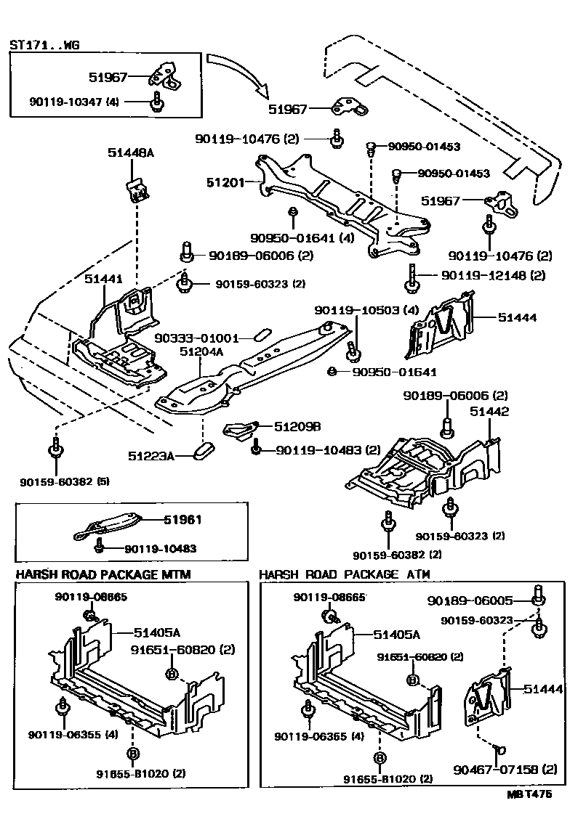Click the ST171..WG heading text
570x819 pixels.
44,44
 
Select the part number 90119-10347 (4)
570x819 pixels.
65,102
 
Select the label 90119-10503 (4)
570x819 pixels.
366,310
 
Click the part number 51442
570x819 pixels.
489,412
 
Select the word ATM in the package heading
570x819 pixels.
414,574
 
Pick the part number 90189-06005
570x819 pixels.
470,600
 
